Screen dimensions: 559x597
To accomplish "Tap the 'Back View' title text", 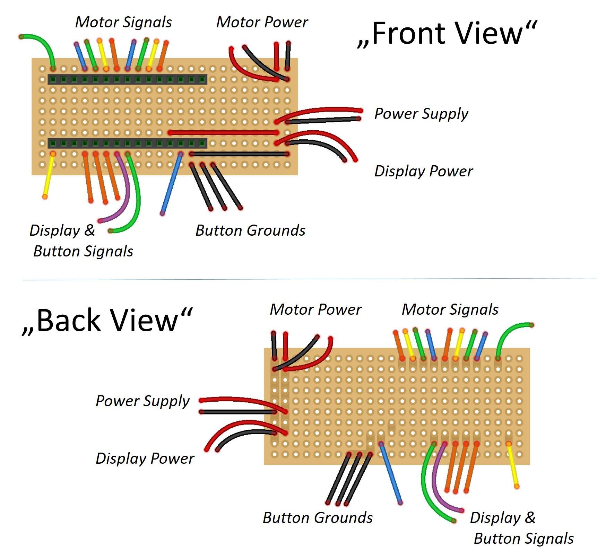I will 107,321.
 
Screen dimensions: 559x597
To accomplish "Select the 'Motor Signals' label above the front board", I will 123,22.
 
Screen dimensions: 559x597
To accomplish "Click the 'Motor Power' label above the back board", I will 315,309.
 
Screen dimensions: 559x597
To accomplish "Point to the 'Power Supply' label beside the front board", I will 421,114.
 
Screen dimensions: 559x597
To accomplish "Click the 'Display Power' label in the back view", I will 145,458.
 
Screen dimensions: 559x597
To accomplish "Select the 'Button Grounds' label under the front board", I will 250,230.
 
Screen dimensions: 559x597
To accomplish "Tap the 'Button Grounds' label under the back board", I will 318,518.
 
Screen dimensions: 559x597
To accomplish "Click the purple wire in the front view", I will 127,194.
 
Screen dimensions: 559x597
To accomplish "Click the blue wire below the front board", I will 172,184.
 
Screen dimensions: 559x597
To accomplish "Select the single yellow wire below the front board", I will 49,175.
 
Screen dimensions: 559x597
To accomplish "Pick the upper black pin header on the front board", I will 128,79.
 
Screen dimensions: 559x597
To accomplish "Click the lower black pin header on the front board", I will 128,143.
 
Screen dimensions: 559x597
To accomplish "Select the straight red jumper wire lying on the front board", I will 224,133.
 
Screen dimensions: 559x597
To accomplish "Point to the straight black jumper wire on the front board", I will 239,154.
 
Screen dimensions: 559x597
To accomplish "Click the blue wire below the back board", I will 391,473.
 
